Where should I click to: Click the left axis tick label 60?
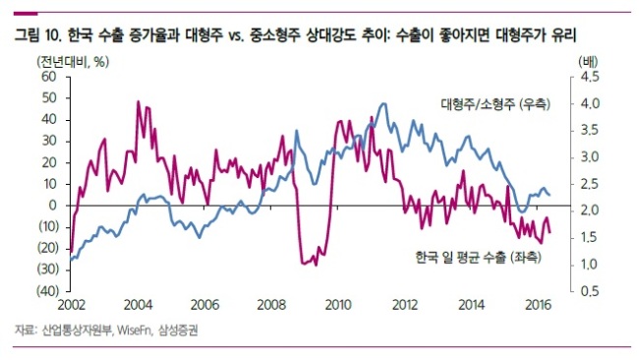pyautogui.click(x=48, y=77)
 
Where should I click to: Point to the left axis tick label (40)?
pyautogui.click(x=48, y=291)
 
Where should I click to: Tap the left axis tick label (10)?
pyautogui.click(x=48, y=226)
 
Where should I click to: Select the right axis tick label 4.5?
pyautogui.click(x=590, y=77)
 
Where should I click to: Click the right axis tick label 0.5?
pyautogui.click(x=590, y=291)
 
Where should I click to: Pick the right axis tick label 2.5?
pyautogui.click(x=590, y=184)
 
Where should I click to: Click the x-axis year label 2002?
pyautogui.click(x=72, y=305)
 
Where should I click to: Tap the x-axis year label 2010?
pyautogui.click(x=338, y=305)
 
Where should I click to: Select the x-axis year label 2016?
pyautogui.click(x=538, y=305)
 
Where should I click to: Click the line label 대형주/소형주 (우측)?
pyautogui.click(x=495, y=104)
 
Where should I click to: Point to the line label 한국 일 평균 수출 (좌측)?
pyautogui.click(x=479, y=258)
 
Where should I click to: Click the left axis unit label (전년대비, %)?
pyautogui.click(x=73, y=62)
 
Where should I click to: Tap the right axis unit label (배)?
pyautogui.click(x=588, y=62)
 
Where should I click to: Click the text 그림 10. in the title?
pyautogui.click(x=38, y=35)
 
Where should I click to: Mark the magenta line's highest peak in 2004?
pyautogui.click(x=139, y=101)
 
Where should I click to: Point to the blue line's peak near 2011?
pyautogui.click(x=383, y=103)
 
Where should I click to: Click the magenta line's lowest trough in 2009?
pyautogui.click(x=316, y=266)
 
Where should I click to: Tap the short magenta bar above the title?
pyautogui.click(x=26, y=14)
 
